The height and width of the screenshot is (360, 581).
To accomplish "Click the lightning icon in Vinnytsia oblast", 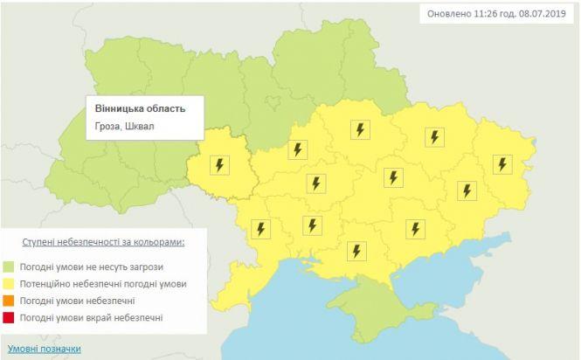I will [x=219, y=165].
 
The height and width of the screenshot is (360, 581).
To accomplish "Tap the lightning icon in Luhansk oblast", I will [x=501, y=163].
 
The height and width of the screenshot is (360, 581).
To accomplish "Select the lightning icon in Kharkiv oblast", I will [x=434, y=137].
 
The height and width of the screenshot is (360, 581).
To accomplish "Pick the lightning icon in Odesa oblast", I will [x=261, y=229].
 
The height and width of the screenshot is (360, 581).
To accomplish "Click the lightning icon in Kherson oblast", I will [x=356, y=251].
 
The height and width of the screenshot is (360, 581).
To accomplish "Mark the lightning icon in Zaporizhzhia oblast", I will [x=414, y=228].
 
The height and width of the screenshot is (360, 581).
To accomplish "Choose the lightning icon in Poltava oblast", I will [x=359, y=129].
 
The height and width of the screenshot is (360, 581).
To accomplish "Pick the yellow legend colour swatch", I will [x=10, y=284].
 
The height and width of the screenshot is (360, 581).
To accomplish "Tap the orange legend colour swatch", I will [x=10, y=301].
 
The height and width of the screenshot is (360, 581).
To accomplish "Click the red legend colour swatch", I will [x=10, y=317].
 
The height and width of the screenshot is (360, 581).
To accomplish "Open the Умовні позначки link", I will [x=44, y=348].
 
